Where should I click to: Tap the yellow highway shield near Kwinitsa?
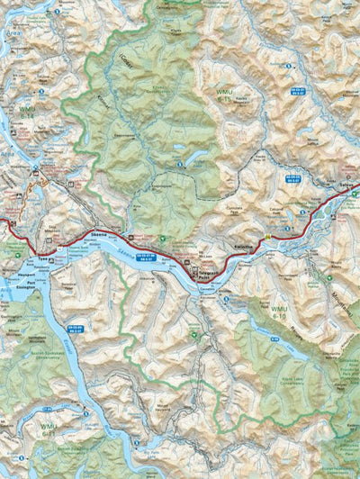[267, 237]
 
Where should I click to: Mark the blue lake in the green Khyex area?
[180, 149]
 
